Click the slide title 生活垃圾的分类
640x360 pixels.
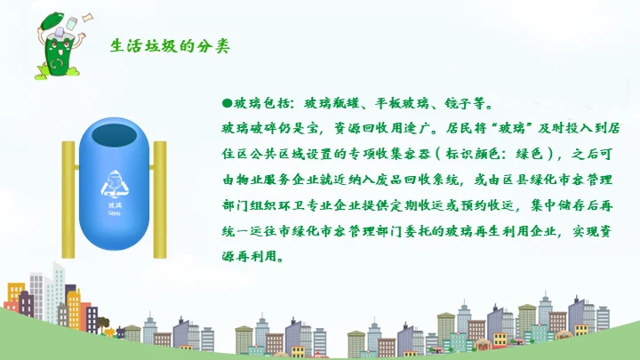coord(170,46)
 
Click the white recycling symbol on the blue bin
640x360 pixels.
coord(114,185)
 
